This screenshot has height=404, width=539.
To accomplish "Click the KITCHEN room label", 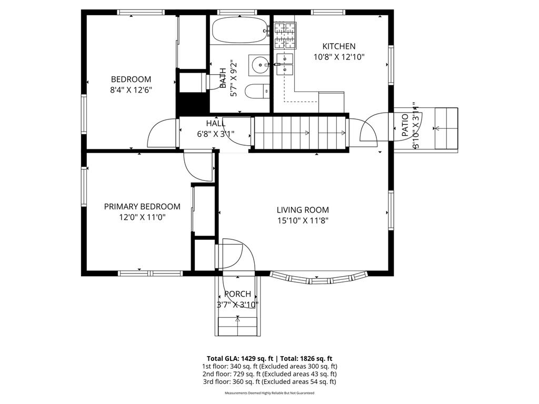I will tap(339, 46).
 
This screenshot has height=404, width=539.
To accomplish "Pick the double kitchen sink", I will tap(284, 63).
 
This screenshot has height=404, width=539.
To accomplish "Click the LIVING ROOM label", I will tap(303, 209).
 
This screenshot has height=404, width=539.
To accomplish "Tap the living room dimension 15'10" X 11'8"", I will tap(303, 221).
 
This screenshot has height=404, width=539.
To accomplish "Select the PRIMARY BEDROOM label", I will tap(142, 207).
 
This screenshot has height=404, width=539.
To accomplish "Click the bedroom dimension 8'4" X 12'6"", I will tap(131, 90).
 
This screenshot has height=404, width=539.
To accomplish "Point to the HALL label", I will tap(215, 123).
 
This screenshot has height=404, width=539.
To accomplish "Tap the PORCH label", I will tap(237, 294).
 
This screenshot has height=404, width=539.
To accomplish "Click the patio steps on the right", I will tap(445, 128).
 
